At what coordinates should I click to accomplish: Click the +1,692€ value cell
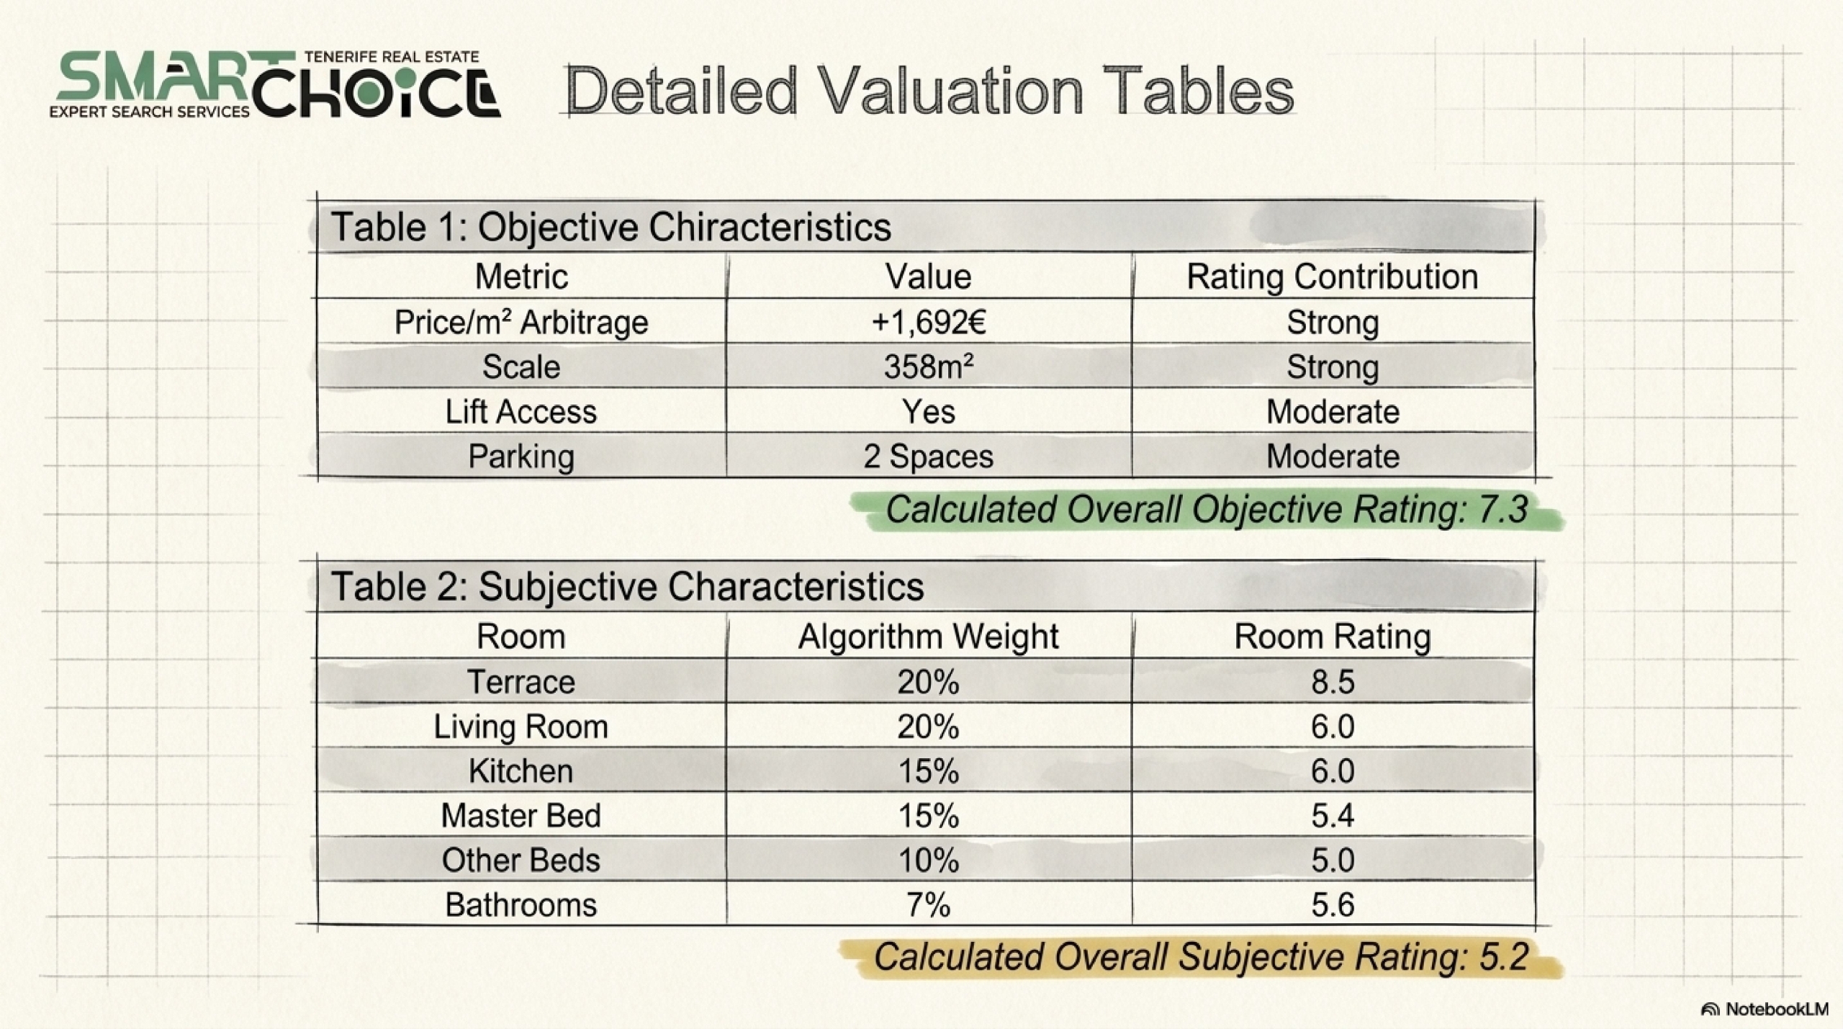[x=929, y=322]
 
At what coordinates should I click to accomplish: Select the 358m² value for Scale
[x=929, y=367]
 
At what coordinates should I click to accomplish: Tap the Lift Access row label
[x=521, y=412]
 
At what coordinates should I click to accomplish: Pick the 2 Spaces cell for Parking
[x=929, y=457]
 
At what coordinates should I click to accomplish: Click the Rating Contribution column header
[x=1332, y=277]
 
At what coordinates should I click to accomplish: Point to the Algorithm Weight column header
[x=929, y=637]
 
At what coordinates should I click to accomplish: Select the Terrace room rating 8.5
[x=1333, y=682]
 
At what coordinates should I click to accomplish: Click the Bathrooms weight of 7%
[x=929, y=905]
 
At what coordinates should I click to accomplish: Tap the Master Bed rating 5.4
[x=1333, y=816]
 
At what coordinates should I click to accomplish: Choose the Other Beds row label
[x=521, y=861]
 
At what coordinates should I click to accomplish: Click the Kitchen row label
[x=521, y=771]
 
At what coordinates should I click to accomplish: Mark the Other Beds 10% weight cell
[x=929, y=861]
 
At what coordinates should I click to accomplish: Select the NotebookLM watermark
[x=1765, y=1009]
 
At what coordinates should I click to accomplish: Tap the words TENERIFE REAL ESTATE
[x=392, y=57]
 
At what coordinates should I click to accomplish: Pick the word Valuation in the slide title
[x=950, y=91]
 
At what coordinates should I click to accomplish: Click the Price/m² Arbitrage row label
[x=521, y=322]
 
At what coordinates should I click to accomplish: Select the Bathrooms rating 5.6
[x=1333, y=905]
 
